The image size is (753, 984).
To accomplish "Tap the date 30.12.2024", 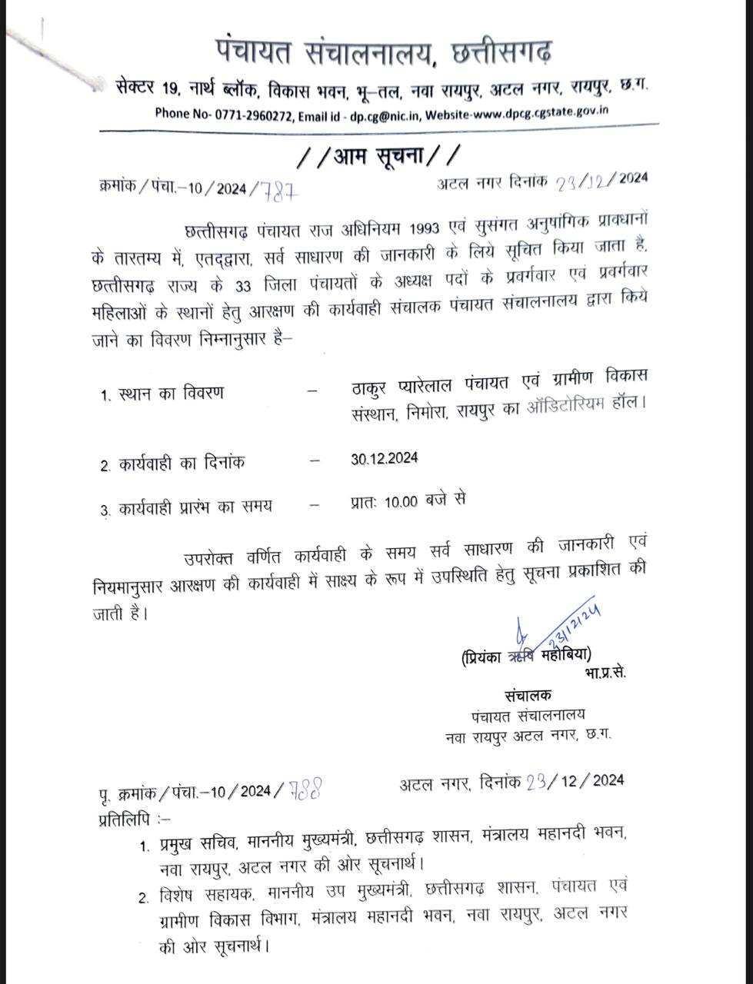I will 384,458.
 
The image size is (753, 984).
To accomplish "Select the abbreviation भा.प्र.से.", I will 605,673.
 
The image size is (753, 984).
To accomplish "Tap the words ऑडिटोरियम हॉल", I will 587,404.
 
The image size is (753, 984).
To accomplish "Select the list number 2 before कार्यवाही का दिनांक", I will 105,466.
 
